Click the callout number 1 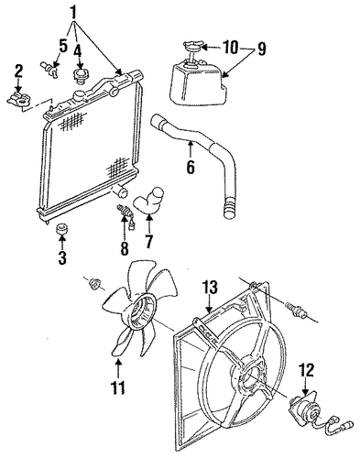(x=73, y=12)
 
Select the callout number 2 (x=18, y=71)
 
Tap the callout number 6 (x=190, y=166)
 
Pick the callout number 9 (x=262, y=49)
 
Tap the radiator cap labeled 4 (x=81, y=76)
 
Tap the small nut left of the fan (x=93, y=285)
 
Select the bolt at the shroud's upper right (x=295, y=310)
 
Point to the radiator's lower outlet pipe (x=121, y=191)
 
